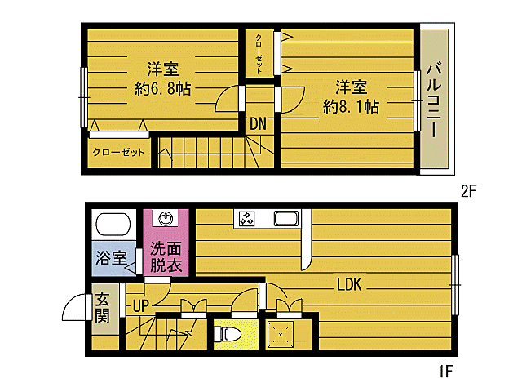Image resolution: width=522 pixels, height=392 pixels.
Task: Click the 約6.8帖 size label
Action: pos(163,89)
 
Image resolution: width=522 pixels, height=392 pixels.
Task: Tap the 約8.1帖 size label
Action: pos(351,105)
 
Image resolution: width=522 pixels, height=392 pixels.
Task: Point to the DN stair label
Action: pos(259,124)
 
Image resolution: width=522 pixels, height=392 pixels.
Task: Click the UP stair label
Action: pos(140,306)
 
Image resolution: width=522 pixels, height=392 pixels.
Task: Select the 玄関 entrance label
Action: pos(101,308)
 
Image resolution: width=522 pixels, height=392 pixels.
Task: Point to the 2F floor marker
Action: pos(467,192)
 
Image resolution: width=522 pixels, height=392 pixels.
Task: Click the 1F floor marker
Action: pos(445,372)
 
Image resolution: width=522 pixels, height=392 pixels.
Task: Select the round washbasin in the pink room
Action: pos(167,219)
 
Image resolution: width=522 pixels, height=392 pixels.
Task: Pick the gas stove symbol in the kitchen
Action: pos(246,219)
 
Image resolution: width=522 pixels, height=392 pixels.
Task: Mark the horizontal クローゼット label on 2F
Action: pos(118,153)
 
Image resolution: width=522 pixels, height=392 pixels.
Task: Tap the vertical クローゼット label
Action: pos(259,54)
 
